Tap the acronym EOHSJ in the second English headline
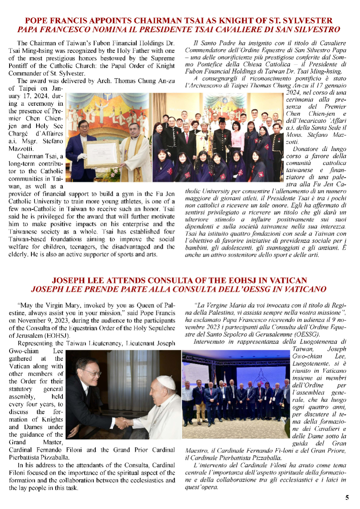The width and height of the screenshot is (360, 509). [x=241, y=281]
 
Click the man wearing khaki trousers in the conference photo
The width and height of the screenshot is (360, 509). [x=187, y=414]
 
